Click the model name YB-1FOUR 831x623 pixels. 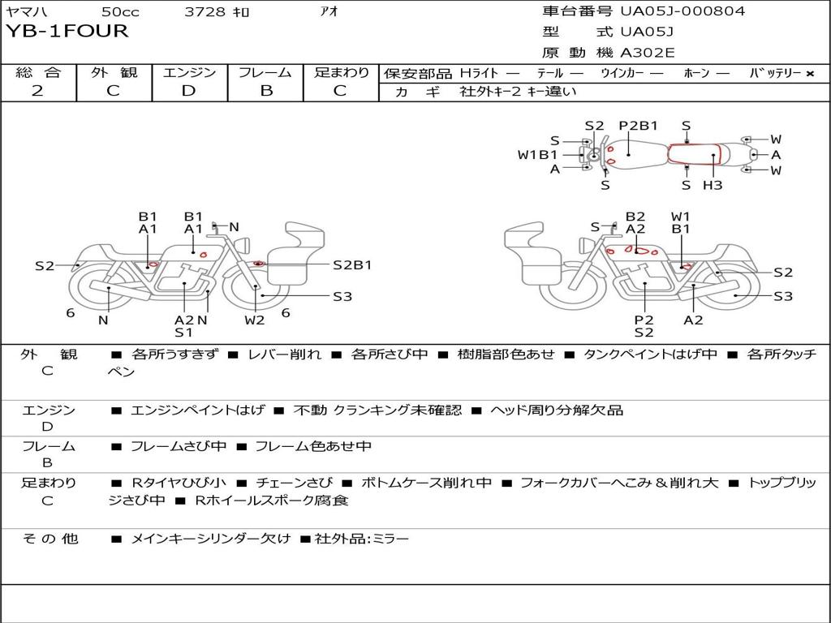tap(67, 31)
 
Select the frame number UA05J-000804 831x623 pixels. tap(682, 11)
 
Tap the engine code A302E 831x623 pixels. tap(647, 53)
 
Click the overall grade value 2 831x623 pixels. tap(37, 91)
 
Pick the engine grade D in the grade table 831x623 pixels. tap(188, 91)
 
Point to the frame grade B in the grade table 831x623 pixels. tap(266, 91)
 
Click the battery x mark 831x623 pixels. tap(810, 74)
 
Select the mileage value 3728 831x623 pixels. tap(205, 11)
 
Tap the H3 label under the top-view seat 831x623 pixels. tap(713, 185)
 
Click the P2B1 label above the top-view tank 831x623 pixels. tap(639, 126)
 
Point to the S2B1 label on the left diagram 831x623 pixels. tap(352, 265)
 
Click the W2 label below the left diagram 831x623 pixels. tap(254, 320)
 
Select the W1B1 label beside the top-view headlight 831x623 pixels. tap(537, 155)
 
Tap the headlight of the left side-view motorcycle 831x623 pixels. tap(245, 246)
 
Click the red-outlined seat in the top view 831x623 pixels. tap(695, 154)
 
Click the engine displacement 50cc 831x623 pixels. tap(120, 11)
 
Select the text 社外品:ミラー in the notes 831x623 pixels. tap(362, 539)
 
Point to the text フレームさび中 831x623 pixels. tap(178, 447)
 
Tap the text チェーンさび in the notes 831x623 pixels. tap(294, 483)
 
